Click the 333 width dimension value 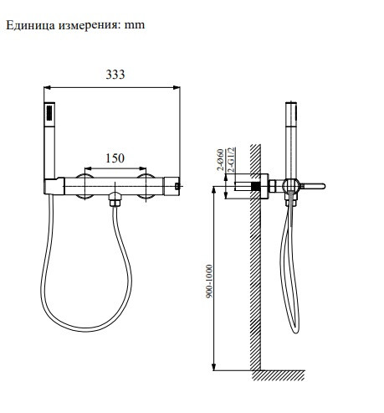pyautogui.click(x=115, y=75)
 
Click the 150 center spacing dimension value pyautogui.click(x=116, y=157)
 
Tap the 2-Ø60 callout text pyautogui.click(x=219, y=159)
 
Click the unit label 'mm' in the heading pyautogui.click(x=135, y=25)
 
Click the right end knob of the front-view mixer pyautogui.click(x=177, y=184)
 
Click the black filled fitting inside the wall pyautogui.click(x=252, y=185)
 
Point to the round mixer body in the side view pyautogui.click(x=291, y=186)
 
